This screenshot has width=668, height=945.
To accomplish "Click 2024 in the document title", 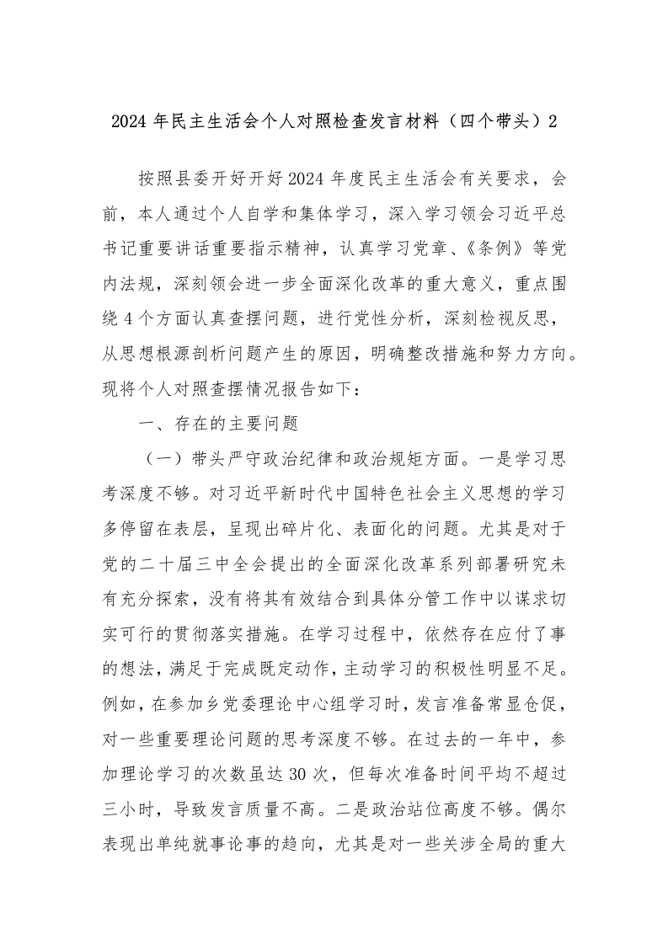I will (x=127, y=120).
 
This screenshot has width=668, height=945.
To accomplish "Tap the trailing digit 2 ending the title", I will (x=553, y=120).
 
